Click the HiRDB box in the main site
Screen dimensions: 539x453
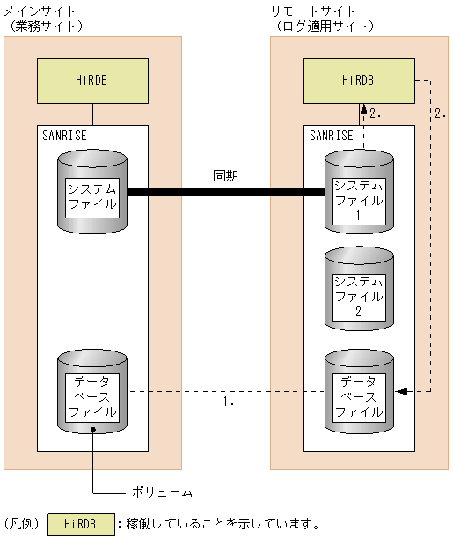[92, 80]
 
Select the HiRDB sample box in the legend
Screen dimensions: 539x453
[80, 524]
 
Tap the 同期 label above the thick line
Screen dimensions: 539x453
[226, 176]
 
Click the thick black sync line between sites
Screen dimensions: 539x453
[226, 190]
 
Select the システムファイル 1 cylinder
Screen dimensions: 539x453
[358, 195]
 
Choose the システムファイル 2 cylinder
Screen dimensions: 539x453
[358, 291]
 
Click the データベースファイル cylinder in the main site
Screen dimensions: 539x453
[92, 393]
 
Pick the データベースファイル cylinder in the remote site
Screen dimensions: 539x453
[358, 393]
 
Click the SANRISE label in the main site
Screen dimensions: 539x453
[64, 136]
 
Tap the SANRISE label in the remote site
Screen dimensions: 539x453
[332, 136]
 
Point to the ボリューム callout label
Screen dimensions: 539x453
[162, 491]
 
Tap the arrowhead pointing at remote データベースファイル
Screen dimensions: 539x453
[399, 390]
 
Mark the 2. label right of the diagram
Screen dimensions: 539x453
[441, 114]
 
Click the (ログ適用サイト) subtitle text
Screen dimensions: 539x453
[323, 25]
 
